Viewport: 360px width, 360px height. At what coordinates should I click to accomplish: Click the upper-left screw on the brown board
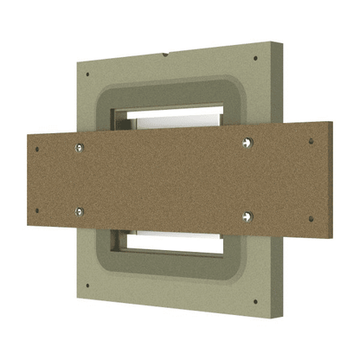point(79,146)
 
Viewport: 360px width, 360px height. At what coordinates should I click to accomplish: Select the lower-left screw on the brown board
point(80,211)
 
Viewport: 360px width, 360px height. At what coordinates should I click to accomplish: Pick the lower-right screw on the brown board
point(247,215)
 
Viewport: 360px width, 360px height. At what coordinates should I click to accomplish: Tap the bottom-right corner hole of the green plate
point(258,300)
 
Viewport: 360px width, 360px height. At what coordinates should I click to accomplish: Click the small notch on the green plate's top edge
point(164,54)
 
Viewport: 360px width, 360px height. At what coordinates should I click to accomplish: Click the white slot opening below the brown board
point(173,239)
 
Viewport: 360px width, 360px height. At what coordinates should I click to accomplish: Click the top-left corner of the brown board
point(29,135)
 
